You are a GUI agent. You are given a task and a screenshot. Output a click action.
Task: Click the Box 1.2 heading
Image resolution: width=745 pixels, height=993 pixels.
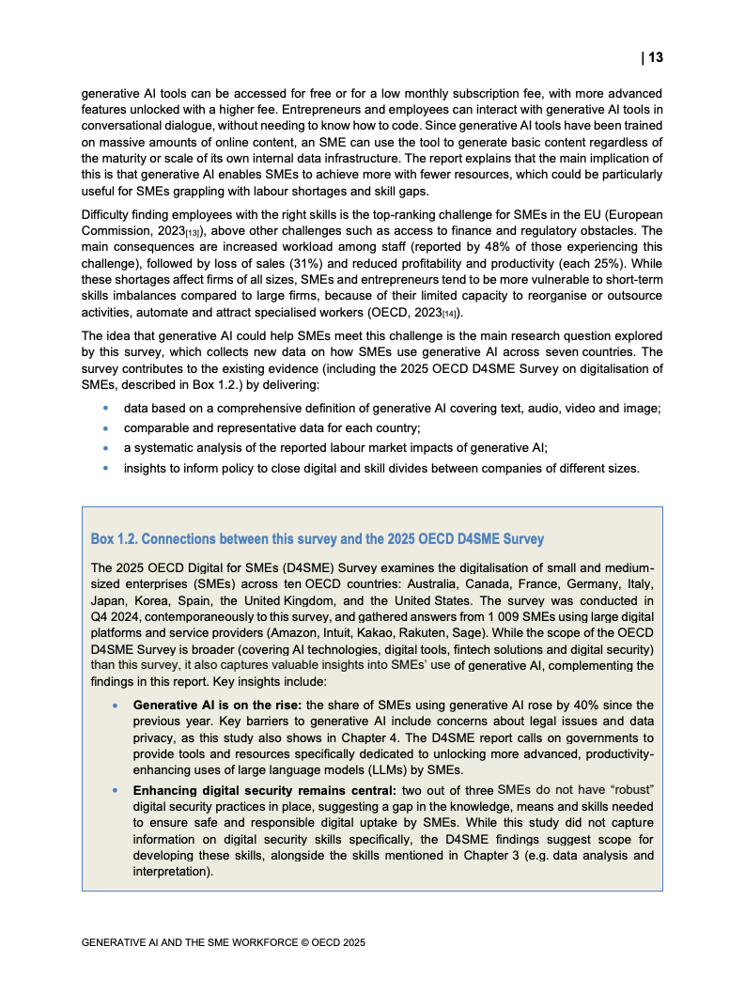point(317,539)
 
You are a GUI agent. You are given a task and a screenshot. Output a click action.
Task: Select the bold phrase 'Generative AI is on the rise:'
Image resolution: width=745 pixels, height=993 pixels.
point(219,706)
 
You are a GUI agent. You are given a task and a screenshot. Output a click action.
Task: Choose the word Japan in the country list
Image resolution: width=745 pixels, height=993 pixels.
point(109,599)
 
